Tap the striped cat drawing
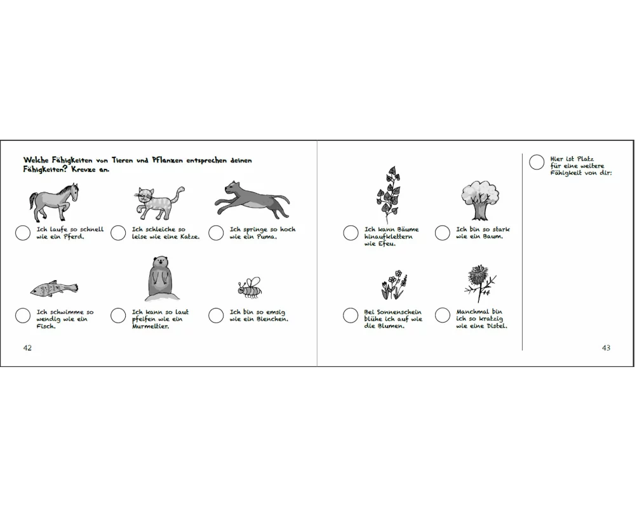coord(159,203)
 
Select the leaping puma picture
coord(252,199)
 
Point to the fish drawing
coord(54,288)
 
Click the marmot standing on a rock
coord(161,279)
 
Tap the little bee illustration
coord(250,288)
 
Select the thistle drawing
coord(480,283)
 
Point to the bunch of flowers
coord(393,284)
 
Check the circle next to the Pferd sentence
coord(23,233)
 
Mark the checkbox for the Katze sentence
coord(118,233)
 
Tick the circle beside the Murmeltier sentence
coord(118,316)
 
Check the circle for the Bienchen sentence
coord(216,316)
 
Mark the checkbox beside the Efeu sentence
coord(351,233)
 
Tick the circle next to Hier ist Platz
coord(537,162)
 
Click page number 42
coord(27,348)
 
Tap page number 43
coord(606,348)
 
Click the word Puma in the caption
coord(267,237)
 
